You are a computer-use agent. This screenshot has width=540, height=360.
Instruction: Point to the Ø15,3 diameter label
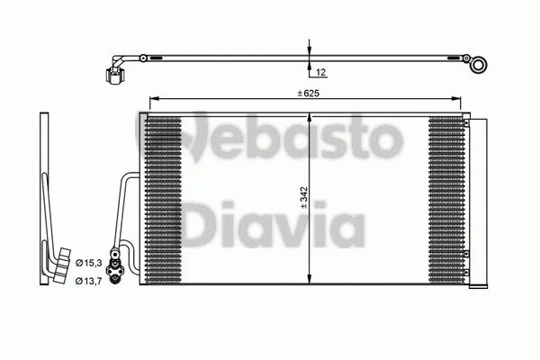[87, 262]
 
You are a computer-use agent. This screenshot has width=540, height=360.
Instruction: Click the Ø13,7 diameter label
[87, 283]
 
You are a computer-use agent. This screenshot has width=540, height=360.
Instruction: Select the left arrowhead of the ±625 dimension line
[152, 97]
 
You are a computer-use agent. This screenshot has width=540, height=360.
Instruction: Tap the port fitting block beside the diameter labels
[114, 267]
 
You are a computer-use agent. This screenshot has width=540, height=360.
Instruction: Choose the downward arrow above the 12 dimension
[309, 49]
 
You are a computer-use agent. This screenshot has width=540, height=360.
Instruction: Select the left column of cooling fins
[165, 198]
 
